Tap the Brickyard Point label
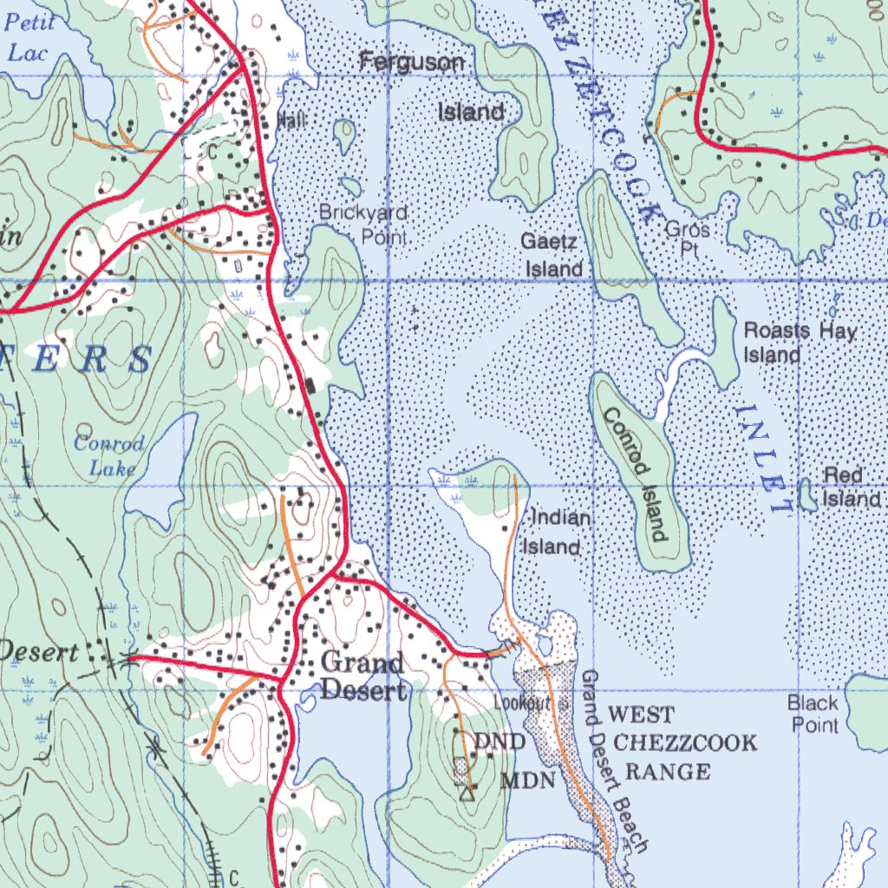point(362,224)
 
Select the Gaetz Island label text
point(552,255)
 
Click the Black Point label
point(813,713)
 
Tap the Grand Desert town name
point(362,676)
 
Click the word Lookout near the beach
point(523,702)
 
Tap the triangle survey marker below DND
point(467,792)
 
